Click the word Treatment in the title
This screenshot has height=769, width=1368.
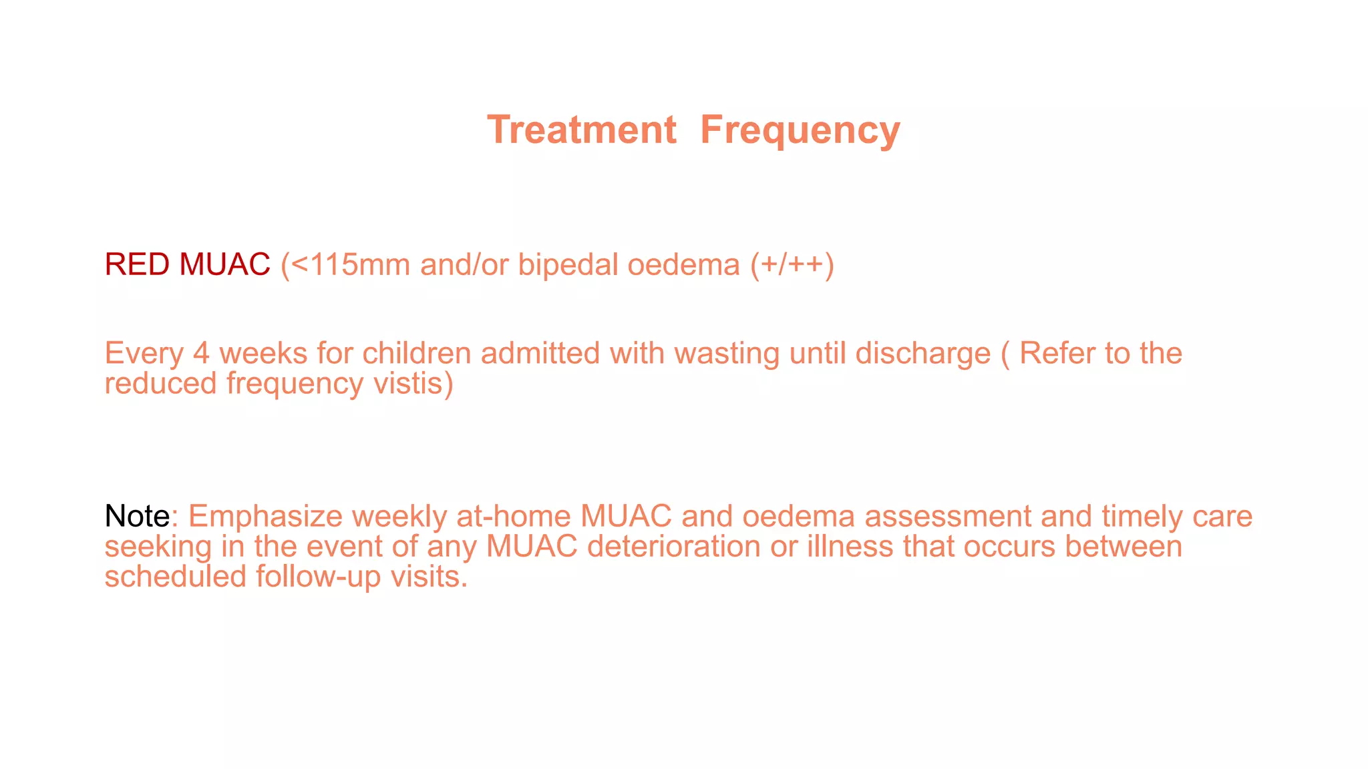click(582, 130)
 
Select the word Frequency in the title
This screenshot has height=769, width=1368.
click(800, 131)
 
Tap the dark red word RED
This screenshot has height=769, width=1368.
click(137, 264)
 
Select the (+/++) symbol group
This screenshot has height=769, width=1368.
click(792, 265)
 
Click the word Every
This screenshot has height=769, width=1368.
click(144, 354)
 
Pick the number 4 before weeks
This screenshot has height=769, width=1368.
click(201, 353)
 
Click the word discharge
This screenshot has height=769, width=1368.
click(922, 354)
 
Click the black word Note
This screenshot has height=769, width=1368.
click(137, 516)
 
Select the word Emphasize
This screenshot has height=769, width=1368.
click(265, 517)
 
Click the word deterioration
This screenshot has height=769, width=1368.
click(673, 547)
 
